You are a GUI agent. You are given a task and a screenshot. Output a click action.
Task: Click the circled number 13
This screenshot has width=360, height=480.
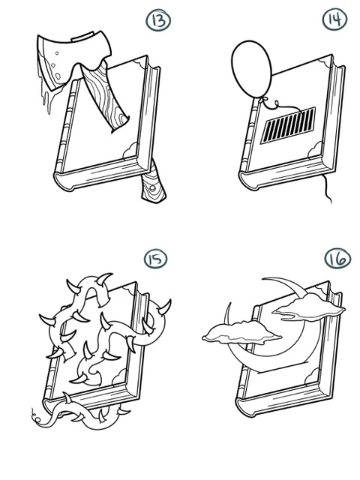click(x=158, y=20)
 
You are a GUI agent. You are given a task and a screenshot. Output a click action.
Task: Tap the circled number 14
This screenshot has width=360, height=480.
click(x=334, y=19)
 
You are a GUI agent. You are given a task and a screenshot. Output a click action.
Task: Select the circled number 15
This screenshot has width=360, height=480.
click(x=155, y=259)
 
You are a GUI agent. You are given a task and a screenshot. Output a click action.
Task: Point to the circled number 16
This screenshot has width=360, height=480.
click(x=337, y=258)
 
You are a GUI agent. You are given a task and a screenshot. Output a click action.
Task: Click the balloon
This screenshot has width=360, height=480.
click(x=252, y=69)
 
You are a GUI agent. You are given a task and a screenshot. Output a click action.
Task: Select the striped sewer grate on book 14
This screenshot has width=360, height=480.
click(x=288, y=125)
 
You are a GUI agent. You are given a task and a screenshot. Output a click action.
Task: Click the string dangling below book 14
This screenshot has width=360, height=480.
click(x=327, y=189)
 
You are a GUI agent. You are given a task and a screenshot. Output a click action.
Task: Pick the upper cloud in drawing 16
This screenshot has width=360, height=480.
click(x=308, y=307)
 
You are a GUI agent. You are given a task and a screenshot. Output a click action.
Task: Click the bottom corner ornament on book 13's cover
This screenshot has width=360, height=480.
click(x=130, y=151)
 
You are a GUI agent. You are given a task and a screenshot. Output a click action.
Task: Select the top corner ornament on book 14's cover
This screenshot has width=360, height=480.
click(x=325, y=62)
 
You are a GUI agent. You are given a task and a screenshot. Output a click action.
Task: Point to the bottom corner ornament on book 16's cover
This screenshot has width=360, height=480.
click(x=312, y=377)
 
